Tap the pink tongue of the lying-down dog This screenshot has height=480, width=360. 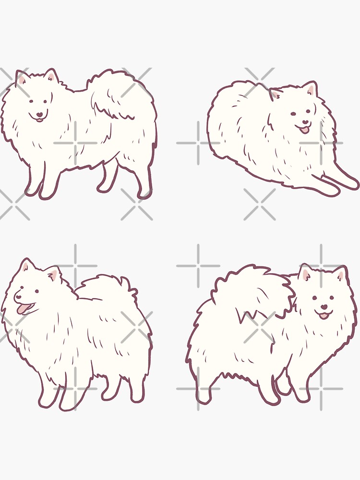[303, 130]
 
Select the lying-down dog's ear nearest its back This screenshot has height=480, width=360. [275, 94]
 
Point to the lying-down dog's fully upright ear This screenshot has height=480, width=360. [310, 89]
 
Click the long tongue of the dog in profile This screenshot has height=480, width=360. [23, 309]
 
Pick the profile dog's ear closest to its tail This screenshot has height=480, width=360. [53, 275]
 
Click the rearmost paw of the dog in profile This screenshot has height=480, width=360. [136, 396]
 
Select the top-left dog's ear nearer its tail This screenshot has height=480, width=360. [50, 76]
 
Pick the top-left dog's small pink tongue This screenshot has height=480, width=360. [39, 120]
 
